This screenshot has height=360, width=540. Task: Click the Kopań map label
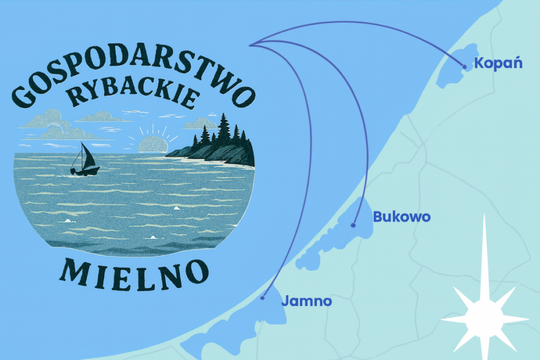(498, 63)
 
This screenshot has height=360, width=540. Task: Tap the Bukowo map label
(401, 217)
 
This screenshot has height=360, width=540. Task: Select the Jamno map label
(306, 301)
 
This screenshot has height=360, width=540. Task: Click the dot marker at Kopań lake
(464, 67)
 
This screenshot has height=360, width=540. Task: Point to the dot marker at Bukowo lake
(353, 226)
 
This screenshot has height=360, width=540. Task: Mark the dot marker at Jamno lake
(263, 298)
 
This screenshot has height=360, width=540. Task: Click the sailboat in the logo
(84, 161)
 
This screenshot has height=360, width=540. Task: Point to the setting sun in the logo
(152, 144)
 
